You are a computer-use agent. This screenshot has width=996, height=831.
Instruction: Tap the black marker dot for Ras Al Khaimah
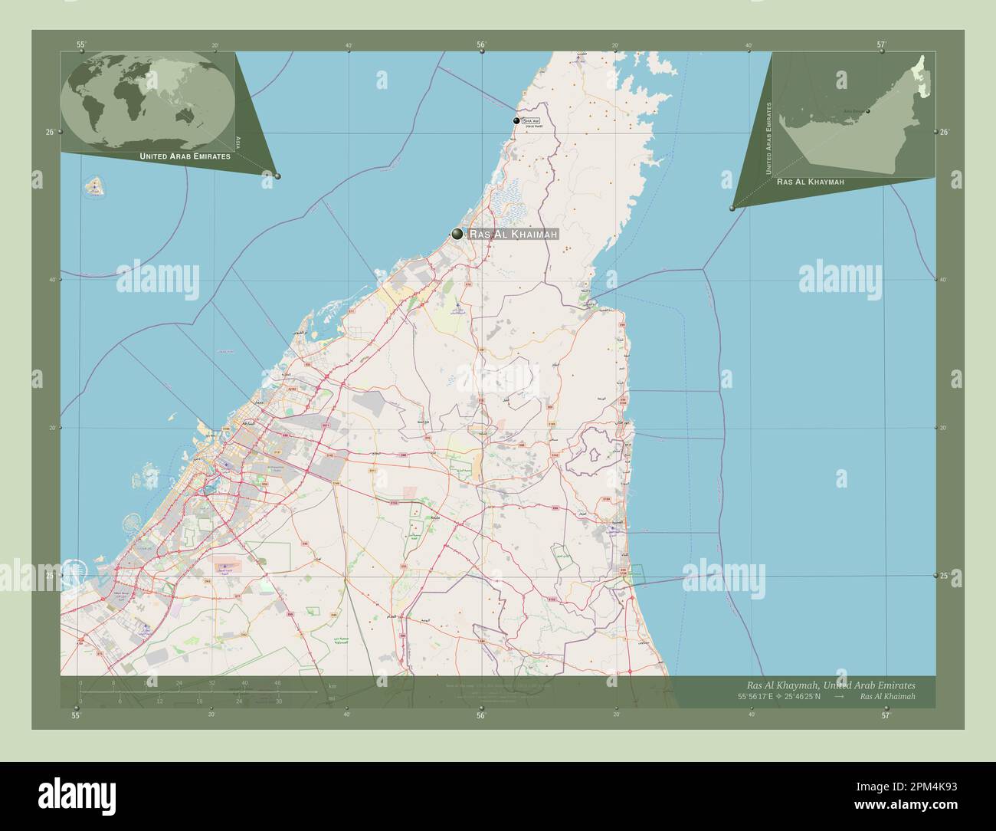coord(457,234)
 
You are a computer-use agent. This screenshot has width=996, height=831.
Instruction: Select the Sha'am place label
coord(531,121)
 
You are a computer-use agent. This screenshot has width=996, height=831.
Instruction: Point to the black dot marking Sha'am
coord(516,121)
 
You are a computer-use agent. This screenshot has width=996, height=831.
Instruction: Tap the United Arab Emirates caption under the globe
coord(185,156)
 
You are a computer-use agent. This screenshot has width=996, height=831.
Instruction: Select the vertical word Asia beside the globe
coord(239,141)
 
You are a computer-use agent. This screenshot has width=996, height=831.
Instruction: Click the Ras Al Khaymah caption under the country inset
coord(810,182)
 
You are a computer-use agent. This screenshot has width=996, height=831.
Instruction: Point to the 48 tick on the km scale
coord(277,683)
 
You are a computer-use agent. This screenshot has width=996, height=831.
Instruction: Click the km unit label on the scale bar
coord(332,686)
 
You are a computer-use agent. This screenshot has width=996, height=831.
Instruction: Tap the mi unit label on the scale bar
coord(330,698)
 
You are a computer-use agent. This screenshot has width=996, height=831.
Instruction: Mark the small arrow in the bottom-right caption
coord(839,696)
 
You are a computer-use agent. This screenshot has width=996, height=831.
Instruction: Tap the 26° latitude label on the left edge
coord(50,133)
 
